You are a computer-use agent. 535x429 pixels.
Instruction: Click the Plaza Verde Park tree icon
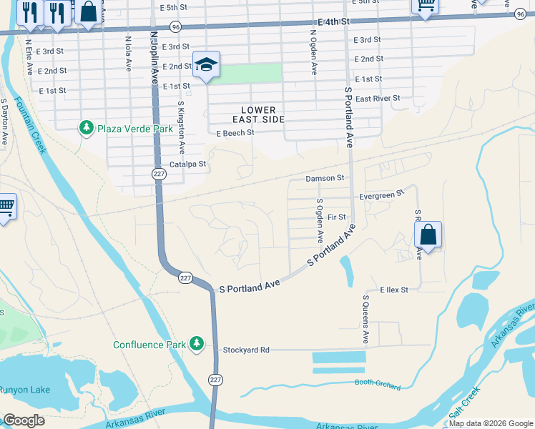click(87, 129)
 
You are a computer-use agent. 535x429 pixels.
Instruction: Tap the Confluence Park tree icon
click(197, 345)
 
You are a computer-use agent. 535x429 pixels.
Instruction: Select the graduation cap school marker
click(206, 66)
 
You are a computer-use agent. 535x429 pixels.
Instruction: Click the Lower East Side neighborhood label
click(258, 114)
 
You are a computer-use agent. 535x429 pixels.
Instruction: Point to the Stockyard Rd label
click(245, 350)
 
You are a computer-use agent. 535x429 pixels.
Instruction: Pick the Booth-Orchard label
click(378, 384)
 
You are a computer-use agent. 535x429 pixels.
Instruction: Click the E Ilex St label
click(394, 290)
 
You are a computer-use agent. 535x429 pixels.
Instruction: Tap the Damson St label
click(325, 178)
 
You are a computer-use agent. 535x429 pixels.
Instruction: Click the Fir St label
click(337, 217)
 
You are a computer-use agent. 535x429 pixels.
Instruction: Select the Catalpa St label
click(188, 164)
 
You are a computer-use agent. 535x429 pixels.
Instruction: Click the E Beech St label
click(235, 133)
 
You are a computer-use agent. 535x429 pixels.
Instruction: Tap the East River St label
click(377, 99)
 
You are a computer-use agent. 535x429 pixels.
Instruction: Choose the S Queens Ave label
click(365, 319)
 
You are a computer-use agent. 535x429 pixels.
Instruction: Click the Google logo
click(24, 420)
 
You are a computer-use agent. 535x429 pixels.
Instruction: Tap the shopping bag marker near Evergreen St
click(428, 235)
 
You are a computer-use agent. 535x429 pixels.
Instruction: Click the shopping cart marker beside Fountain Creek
click(6, 208)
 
